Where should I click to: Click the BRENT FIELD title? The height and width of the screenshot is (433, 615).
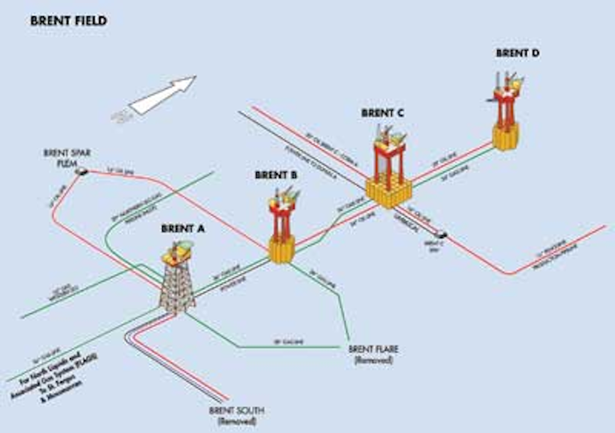(x=68, y=21)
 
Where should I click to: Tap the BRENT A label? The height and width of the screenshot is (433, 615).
(x=183, y=229)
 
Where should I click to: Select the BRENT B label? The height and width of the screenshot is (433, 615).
(x=276, y=175)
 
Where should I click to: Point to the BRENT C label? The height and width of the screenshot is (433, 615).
(x=382, y=113)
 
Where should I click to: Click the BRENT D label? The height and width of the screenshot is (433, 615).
(x=518, y=53)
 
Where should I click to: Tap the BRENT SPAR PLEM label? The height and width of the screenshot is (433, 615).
(x=67, y=158)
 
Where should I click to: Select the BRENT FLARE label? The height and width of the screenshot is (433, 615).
(x=373, y=349)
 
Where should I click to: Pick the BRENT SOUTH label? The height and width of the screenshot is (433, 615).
(x=237, y=411)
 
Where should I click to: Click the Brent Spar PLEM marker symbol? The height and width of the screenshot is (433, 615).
(x=81, y=172)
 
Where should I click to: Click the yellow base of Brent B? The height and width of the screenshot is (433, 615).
(x=282, y=250)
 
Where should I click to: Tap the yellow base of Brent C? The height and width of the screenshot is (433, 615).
(x=389, y=193)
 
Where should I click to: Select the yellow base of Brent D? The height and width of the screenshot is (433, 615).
(x=506, y=135)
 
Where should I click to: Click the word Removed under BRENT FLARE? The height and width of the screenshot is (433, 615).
(x=373, y=360)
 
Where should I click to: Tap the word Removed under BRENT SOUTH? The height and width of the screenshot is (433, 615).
(x=237, y=421)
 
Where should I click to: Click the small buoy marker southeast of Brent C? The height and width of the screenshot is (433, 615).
(x=442, y=234)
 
